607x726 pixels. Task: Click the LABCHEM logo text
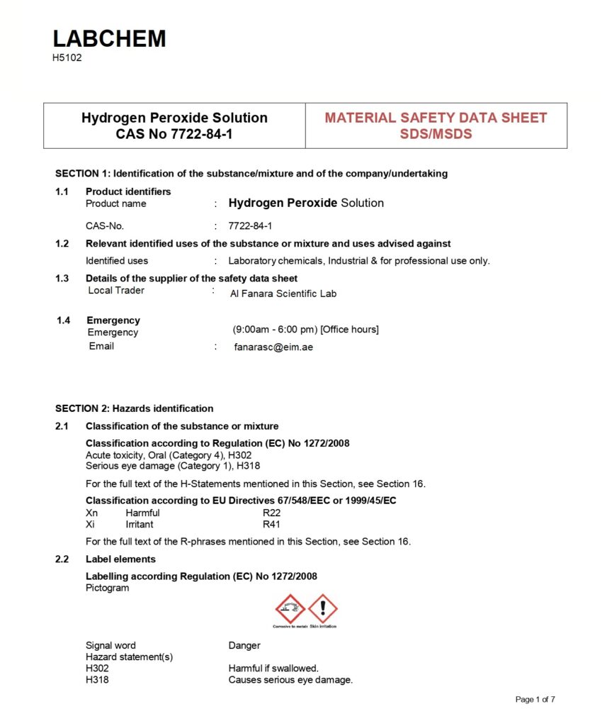(109, 38)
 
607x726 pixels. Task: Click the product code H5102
(67, 58)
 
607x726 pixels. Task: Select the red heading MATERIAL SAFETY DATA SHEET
(436, 118)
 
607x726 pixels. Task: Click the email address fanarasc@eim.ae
(273, 347)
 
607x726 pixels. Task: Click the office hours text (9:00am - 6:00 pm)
(305, 330)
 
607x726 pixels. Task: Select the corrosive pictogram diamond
(290, 609)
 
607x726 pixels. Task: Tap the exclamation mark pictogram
(323, 609)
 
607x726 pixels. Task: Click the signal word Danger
(244, 645)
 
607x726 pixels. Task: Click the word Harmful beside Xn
(142, 513)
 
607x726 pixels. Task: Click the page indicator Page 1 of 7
(535, 699)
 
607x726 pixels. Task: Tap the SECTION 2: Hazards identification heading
(134, 408)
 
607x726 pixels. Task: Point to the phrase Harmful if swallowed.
(273, 668)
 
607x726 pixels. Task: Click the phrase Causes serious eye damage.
(290, 680)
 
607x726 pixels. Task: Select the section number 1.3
(62, 278)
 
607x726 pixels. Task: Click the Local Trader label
(115, 290)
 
